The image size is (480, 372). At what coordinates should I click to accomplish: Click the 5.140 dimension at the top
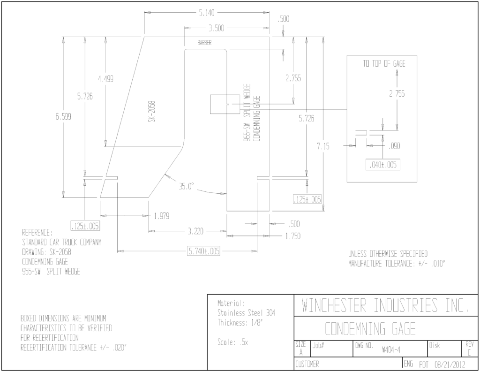click(207, 13)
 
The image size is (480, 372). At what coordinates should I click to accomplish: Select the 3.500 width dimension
click(216, 28)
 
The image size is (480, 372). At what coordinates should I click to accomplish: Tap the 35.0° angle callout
click(187, 186)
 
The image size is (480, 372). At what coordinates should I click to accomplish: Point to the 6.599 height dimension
click(63, 116)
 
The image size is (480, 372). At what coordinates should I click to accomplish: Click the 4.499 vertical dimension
click(105, 79)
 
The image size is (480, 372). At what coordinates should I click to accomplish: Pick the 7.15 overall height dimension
click(323, 146)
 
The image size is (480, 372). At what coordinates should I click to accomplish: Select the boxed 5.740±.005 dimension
click(204, 251)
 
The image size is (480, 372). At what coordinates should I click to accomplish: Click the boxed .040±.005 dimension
click(383, 165)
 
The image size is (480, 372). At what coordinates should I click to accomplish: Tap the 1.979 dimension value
click(161, 216)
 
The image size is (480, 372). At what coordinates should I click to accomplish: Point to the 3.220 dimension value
click(195, 231)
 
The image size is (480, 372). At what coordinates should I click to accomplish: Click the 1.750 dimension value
click(292, 236)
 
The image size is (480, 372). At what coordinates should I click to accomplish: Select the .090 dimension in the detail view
click(394, 146)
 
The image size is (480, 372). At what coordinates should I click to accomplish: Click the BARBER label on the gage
click(204, 43)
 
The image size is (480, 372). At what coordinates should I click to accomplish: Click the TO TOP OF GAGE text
click(384, 63)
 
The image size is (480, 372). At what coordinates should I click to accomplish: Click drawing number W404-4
click(391, 349)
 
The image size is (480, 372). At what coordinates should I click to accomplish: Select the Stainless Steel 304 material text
click(246, 313)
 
